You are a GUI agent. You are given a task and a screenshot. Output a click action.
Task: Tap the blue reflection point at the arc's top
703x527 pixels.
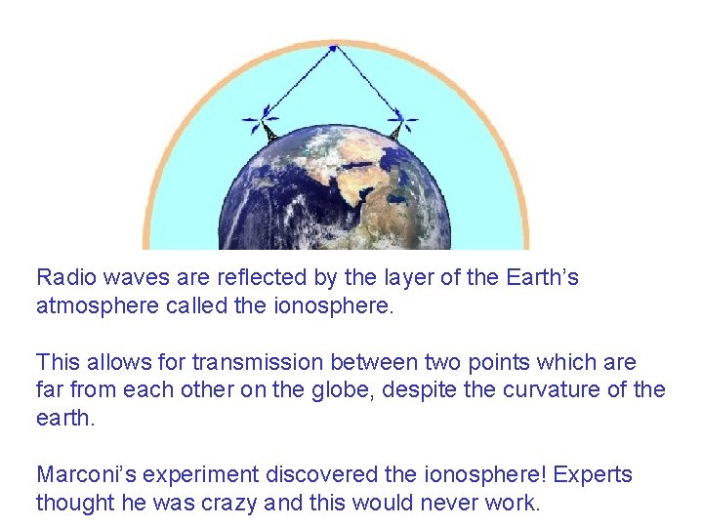click(333, 47)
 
